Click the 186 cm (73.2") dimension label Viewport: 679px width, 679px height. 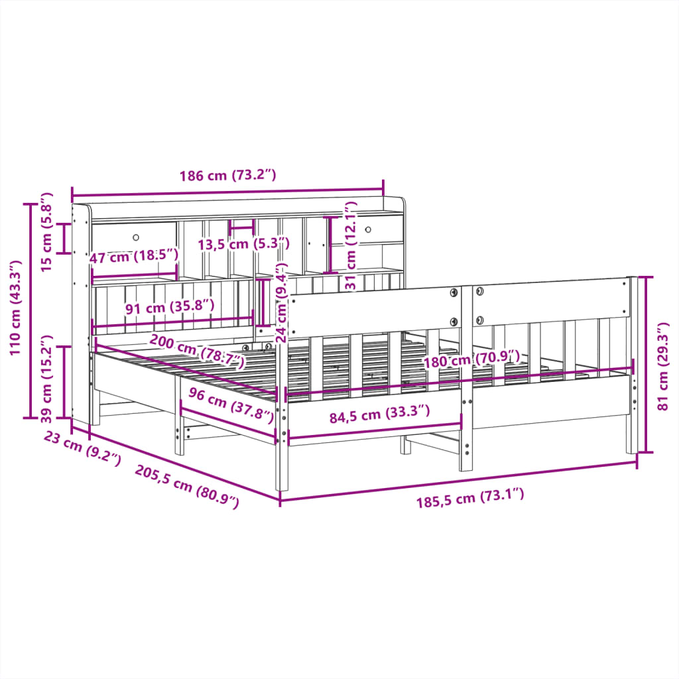point(227,176)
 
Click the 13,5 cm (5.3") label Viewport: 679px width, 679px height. point(244,244)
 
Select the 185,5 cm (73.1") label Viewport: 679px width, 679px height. point(470,497)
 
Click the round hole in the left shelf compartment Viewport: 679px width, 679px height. point(137,237)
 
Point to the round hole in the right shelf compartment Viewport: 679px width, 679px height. point(368,229)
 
